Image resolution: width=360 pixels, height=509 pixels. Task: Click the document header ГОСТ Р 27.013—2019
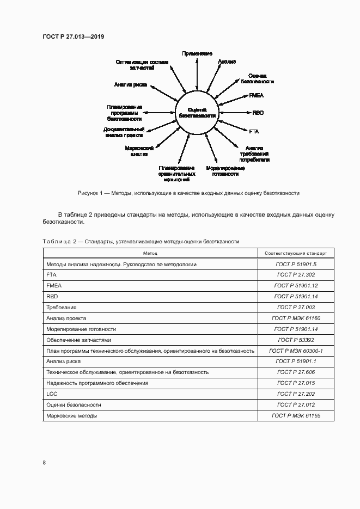73,36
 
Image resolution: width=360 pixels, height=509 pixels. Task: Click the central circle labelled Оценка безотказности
197,113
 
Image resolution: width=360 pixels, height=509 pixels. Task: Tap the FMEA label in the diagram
256,95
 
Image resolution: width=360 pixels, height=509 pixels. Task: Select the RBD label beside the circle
258,113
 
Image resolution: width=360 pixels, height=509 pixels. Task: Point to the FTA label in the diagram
254,132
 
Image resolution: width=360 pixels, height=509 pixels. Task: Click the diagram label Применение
197,53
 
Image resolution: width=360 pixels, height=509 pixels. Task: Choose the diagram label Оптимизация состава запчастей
142,65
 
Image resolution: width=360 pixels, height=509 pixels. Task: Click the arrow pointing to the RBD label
234,113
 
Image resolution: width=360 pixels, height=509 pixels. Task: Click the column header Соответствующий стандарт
296,253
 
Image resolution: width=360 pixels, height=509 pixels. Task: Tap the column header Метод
150,253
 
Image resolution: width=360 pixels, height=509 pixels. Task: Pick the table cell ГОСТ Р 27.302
296,275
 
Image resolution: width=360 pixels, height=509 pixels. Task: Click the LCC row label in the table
52,394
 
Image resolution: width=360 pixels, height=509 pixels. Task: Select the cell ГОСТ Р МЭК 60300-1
296,351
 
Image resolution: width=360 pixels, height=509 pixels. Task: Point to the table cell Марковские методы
72,415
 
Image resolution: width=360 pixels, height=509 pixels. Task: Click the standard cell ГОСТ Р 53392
296,340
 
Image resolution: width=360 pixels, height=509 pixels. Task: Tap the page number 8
44,463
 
